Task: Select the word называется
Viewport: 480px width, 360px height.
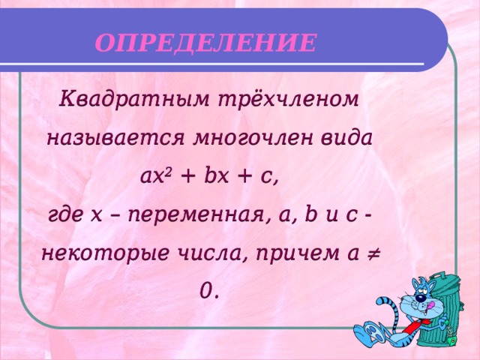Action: coord(116,139)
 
